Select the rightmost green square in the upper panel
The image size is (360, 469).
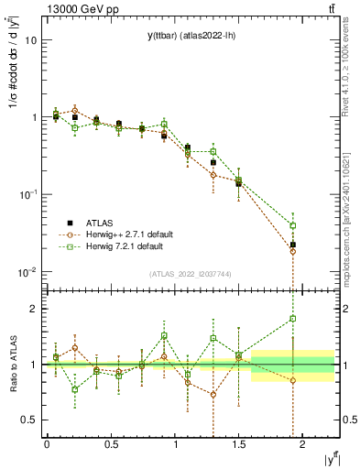(293, 225)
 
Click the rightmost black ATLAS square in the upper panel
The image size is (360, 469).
(293, 245)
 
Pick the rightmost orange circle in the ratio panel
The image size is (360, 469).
(293, 380)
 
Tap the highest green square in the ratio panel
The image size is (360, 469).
(293, 319)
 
